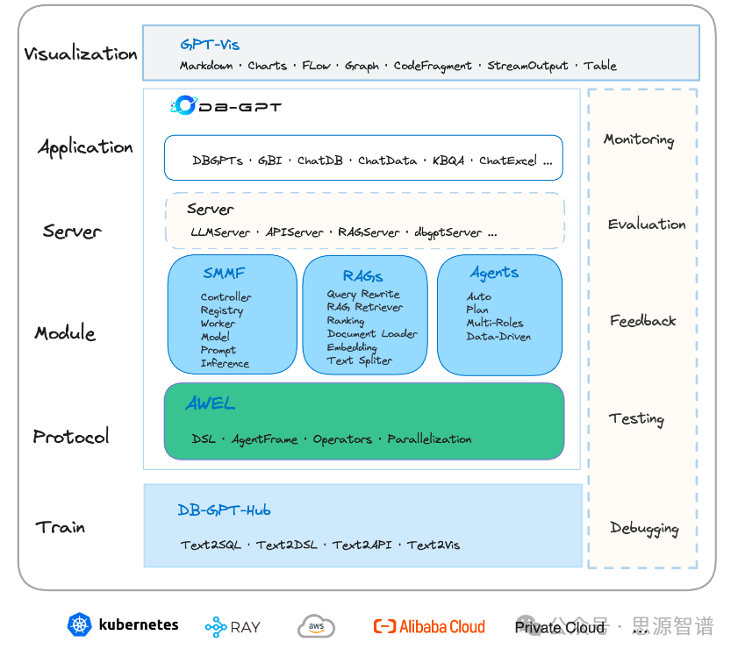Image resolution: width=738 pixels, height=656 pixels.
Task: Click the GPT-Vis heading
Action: coord(210,45)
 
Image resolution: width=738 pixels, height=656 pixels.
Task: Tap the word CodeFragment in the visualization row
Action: coord(433,66)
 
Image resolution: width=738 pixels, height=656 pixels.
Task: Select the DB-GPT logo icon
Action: coord(183,106)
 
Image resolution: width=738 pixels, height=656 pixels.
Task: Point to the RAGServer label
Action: coord(369,232)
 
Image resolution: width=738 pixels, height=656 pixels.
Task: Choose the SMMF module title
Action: coord(224,274)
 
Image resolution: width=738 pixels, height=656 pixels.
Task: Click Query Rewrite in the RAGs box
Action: coord(363,295)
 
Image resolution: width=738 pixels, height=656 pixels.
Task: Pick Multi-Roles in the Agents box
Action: coord(495,323)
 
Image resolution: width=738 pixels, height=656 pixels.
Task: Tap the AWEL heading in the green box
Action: coord(211,404)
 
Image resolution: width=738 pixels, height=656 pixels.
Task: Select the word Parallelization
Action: coord(429,439)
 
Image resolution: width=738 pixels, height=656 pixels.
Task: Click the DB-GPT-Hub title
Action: coord(224,510)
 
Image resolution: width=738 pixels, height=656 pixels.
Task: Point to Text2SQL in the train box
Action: coord(211,545)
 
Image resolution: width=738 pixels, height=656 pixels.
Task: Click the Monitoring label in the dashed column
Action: coord(639,140)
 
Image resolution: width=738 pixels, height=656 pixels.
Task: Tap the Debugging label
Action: coord(644,529)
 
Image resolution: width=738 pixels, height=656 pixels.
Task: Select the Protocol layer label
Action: coord(71,437)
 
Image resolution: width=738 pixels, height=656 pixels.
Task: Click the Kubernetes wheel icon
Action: coord(80,625)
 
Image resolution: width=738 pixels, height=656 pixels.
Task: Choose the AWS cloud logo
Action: coord(316,626)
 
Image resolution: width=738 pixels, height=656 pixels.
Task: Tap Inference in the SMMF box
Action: coord(225,364)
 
